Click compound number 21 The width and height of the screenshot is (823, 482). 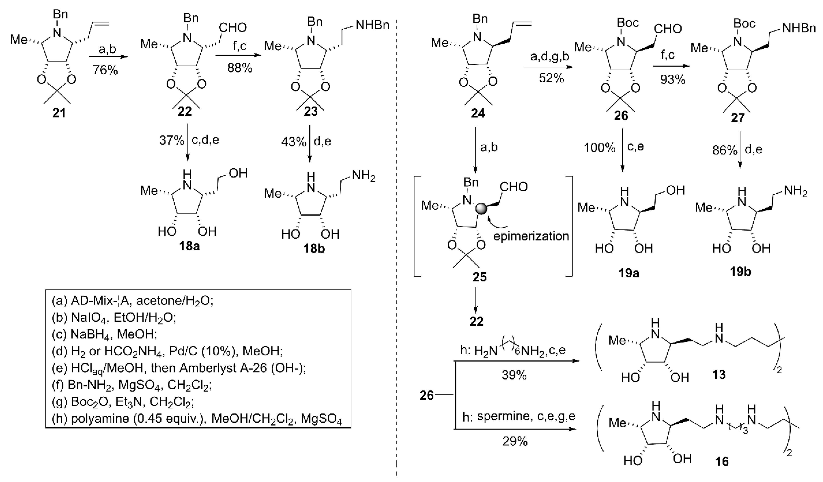pos(59,113)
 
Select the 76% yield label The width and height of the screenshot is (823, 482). pos(105,70)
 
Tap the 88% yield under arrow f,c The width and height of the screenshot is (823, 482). pos(240,68)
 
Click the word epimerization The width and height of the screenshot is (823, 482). pos(531,236)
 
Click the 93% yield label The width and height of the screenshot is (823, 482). pos(672,79)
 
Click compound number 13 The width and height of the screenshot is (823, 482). pos(719,374)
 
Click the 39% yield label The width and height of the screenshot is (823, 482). pos(514,376)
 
